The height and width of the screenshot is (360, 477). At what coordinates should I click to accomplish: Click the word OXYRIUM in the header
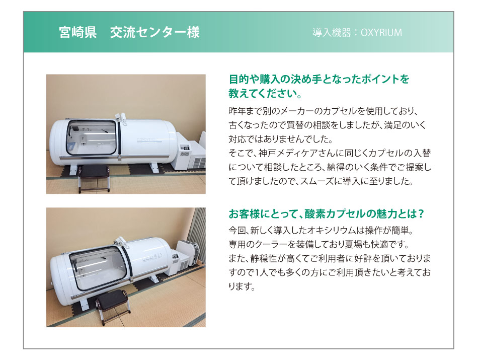381,33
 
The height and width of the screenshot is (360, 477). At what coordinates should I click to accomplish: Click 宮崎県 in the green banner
78,32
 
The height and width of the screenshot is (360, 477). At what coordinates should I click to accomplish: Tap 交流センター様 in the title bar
154,32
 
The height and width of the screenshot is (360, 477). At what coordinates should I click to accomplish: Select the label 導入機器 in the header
332,33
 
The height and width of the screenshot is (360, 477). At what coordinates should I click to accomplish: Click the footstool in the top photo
94,178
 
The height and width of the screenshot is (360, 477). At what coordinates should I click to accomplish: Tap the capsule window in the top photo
91,137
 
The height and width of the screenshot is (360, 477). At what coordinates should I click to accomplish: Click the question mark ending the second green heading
421,214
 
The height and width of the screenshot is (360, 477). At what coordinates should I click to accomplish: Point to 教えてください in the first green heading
262,94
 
